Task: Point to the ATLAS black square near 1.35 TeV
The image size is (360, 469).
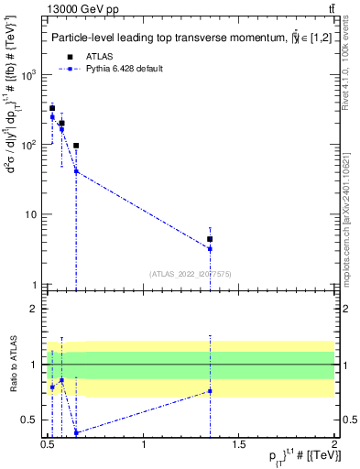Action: [x=210, y=239]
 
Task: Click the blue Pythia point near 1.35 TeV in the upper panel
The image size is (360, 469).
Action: [x=210, y=248]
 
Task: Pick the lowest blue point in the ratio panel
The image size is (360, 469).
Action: [x=76, y=432]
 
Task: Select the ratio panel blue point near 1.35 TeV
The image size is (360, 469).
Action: [x=210, y=391]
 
